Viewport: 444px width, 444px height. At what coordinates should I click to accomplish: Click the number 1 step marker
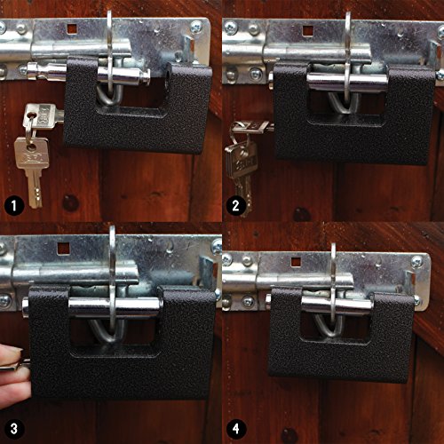click(14, 205)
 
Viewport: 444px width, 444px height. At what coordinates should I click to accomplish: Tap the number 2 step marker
click(235, 205)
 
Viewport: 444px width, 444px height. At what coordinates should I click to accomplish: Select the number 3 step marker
click(14, 428)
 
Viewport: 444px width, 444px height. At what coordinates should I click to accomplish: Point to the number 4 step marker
click(235, 428)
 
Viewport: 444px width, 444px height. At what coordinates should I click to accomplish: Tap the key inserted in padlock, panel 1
click(43, 115)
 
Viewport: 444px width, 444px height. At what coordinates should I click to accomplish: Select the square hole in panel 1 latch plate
click(72, 29)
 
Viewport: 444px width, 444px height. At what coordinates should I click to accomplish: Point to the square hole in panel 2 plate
click(308, 30)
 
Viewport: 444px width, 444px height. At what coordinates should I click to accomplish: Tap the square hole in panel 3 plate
click(63, 248)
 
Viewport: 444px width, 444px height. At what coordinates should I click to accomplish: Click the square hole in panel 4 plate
click(296, 262)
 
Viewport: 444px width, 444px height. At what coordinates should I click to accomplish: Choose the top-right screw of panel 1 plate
click(196, 27)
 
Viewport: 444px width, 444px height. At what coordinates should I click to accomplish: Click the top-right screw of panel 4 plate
click(417, 261)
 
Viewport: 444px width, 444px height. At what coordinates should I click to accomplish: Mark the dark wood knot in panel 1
click(70, 203)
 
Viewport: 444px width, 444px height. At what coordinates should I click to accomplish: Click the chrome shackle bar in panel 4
click(337, 305)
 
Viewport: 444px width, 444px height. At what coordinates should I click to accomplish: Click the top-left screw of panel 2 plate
click(231, 28)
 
